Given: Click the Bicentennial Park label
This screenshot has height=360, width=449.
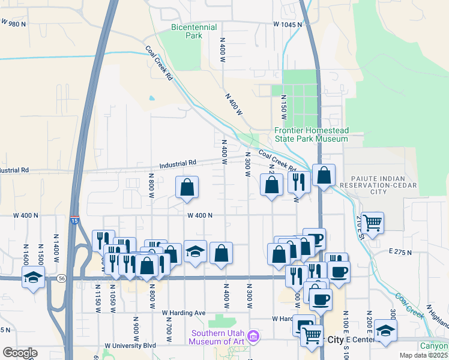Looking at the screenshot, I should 186,31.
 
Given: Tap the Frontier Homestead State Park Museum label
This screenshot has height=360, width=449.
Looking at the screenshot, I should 311,134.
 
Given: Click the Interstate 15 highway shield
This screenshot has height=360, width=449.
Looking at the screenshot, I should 74,221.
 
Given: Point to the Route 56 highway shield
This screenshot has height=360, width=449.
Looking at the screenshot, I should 61,278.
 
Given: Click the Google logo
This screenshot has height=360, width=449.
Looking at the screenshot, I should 20,353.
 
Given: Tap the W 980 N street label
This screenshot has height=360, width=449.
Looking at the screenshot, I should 14,23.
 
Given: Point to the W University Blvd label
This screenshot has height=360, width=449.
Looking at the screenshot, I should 130,346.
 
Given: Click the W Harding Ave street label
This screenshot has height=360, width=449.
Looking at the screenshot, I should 184,313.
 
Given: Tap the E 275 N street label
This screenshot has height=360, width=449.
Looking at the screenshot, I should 400,252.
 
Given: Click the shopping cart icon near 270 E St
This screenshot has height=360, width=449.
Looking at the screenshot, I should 373,223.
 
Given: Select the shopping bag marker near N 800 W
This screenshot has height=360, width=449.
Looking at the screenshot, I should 187,187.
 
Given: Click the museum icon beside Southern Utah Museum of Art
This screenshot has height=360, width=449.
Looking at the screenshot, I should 254,337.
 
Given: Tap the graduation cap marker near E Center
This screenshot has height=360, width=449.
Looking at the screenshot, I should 385,331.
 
